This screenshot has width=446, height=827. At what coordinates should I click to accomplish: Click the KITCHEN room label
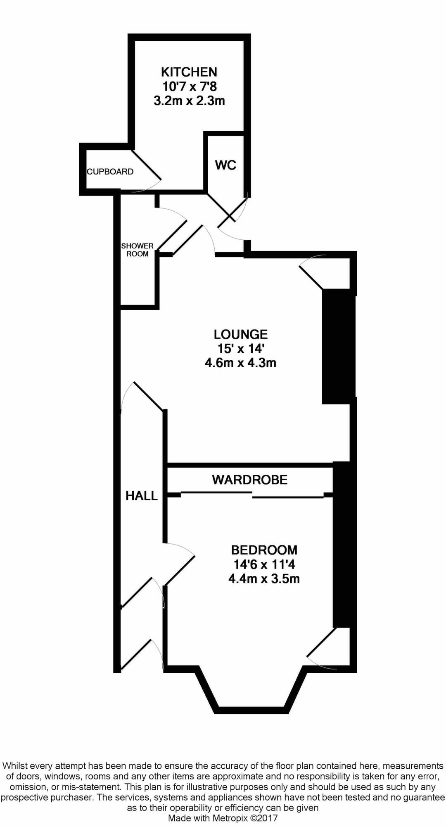[x=189, y=72]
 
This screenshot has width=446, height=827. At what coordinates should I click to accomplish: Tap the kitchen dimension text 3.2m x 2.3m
[x=189, y=101]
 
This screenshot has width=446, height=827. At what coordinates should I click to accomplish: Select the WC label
[x=225, y=165]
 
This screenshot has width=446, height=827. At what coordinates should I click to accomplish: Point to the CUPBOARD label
[x=110, y=172]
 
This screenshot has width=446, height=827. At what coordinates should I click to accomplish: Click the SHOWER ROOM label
[x=137, y=250]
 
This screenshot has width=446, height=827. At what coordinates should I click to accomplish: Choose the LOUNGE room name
[x=240, y=334]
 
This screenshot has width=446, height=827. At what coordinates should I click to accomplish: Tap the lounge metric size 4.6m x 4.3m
[x=240, y=363]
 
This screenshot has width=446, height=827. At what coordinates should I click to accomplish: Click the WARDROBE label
[x=249, y=480]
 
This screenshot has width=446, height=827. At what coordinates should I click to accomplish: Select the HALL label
[x=142, y=495]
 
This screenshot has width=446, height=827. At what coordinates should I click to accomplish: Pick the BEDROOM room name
[x=264, y=550]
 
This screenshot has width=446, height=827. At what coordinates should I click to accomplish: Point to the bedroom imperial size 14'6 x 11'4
[x=264, y=564]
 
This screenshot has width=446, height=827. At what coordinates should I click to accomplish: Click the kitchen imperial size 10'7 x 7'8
[x=189, y=87]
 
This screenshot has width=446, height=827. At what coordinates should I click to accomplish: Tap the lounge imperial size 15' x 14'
[x=240, y=349]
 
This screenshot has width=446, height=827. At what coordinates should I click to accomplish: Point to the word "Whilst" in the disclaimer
[x=15, y=766]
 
